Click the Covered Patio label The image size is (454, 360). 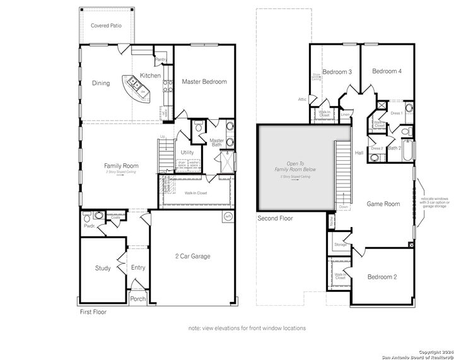pos(106,26)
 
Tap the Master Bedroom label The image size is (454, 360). pos(204,82)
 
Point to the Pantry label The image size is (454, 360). pos(161,60)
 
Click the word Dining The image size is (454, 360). pos(101,83)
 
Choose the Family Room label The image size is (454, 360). pos(121,166)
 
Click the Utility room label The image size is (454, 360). pos(187,153)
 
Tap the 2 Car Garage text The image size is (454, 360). pos(192,256)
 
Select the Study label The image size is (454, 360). pos(103,268)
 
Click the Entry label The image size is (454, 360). pos(138,268)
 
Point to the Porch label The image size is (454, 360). pos(137,299)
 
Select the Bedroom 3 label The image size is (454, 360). pos(337,72)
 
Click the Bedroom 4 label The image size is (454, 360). pos(387,71)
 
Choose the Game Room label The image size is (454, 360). pos(383,204)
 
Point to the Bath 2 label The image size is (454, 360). pos(395,148)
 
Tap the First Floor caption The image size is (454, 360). pos(93,312)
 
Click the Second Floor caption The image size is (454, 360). pos(275,219)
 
